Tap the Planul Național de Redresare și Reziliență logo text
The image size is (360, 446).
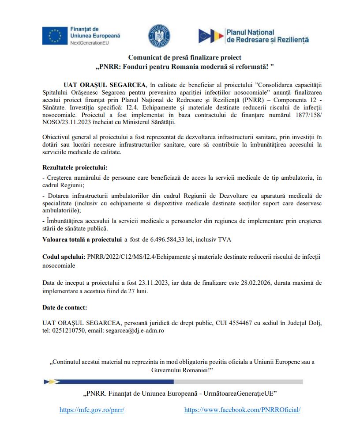tap(267, 36)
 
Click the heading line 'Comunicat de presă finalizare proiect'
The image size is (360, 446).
tap(184, 57)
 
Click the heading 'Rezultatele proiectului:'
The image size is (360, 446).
tap(75, 168)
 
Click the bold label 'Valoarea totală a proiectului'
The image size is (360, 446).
tap(82, 240)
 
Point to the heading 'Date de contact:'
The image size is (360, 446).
tap(64, 307)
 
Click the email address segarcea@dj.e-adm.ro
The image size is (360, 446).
tap(135, 330)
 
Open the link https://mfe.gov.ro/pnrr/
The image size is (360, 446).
tap(92, 410)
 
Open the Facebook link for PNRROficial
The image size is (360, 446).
tap(242, 410)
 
